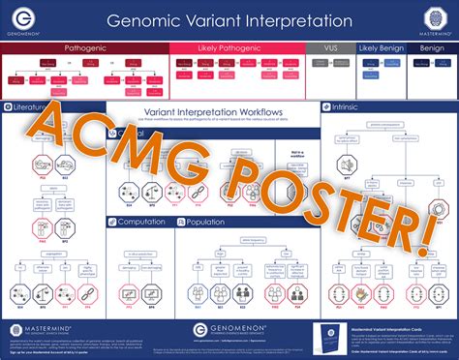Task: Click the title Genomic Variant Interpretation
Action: pos(229,18)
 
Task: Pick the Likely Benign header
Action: pos(381,46)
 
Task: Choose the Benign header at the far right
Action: pos(432,46)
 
